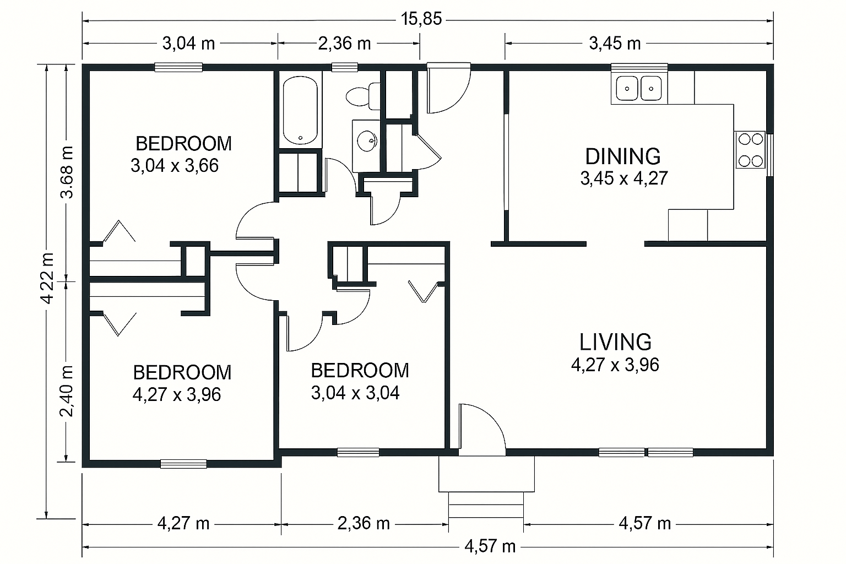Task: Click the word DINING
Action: tap(623, 156)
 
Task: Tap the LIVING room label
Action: tap(615, 342)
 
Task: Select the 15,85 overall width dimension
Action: tap(421, 19)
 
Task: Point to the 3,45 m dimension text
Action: tap(615, 44)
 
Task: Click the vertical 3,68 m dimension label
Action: tap(67, 172)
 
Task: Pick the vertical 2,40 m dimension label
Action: tap(67, 392)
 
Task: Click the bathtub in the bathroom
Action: tap(300, 110)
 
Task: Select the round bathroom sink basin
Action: tap(367, 141)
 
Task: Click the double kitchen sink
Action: tap(639, 88)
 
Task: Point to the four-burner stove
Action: tap(750, 150)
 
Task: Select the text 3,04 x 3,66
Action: tap(175, 165)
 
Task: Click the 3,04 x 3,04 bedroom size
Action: tap(355, 393)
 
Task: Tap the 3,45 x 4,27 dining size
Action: tap(624, 178)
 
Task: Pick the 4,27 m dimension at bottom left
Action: tap(183, 524)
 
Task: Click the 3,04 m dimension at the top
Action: tap(188, 44)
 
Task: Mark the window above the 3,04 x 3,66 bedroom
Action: tap(178, 68)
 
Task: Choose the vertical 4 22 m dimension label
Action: tap(47, 278)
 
